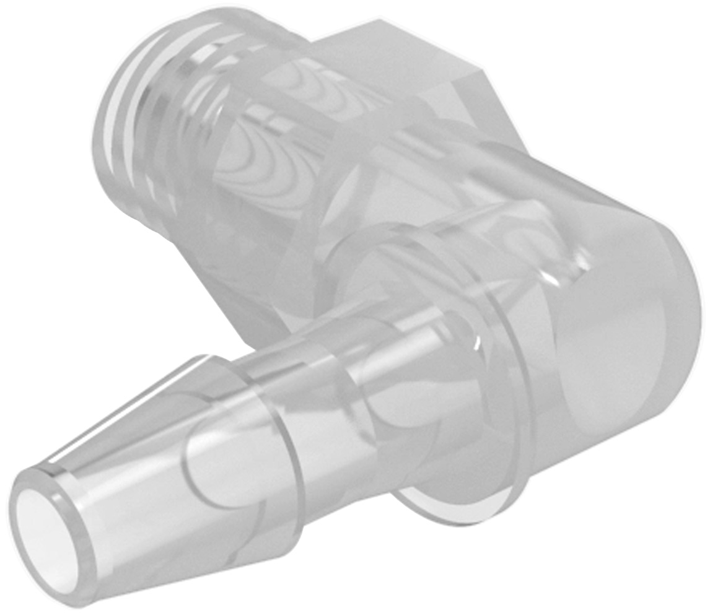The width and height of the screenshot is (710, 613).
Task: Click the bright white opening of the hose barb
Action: click(x=42, y=525)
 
